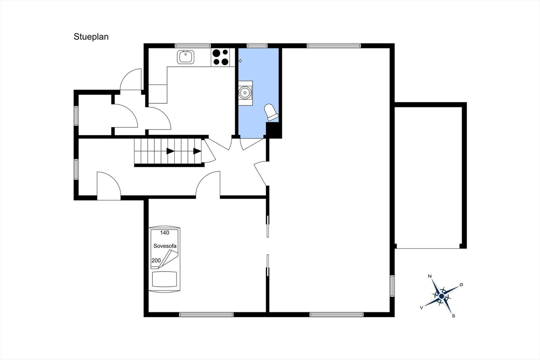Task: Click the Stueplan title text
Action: tap(91, 37)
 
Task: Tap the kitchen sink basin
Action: tap(186, 57)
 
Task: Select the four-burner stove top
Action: tap(221, 57)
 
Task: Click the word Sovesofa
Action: tap(165, 246)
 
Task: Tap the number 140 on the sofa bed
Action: tap(165, 233)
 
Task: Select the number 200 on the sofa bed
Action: tap(156, 260)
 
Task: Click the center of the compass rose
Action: tap(442, 296)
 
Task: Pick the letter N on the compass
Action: tap(430, 276)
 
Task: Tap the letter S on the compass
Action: tap(454, 316)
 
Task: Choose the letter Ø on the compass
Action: tap(461, 285)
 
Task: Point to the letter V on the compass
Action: tap(422, 307)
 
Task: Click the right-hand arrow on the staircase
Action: tap(197, 151)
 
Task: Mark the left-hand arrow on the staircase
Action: tap(170, 151)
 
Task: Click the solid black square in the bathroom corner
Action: tap(274, 130)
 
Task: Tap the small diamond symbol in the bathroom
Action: tap(240, 61)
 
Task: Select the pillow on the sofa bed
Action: tap(164, 279)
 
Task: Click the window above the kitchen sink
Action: tap(193, 46)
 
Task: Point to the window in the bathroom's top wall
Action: tap(257, 46)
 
